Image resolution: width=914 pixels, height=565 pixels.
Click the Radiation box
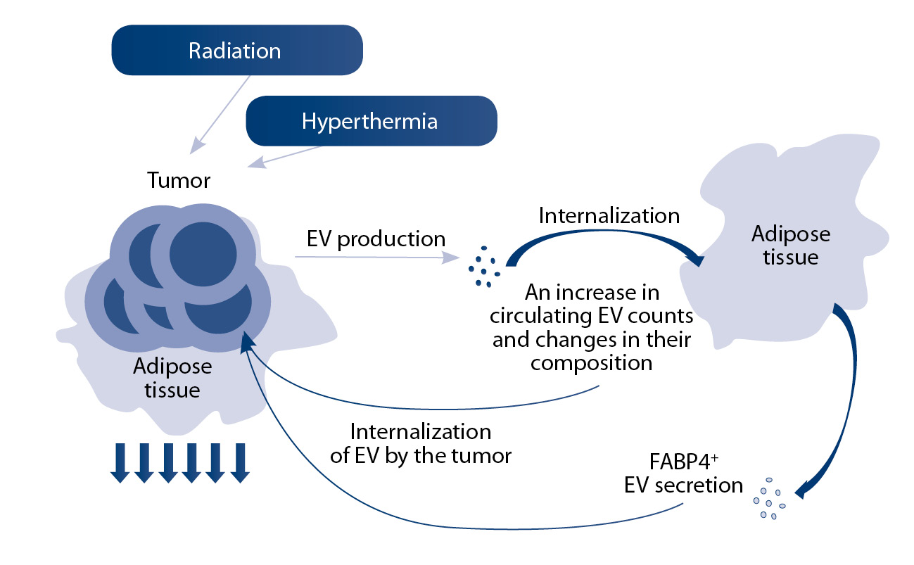click(236, 50)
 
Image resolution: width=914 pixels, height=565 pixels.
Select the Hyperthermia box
click(371, 121)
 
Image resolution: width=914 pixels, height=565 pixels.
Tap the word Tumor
click(179, 180)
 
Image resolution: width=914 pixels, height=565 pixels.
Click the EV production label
click(376, 239)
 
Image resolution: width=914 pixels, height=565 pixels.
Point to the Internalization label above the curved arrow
click(609, 215)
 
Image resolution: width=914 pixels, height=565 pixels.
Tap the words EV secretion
click(683, 485)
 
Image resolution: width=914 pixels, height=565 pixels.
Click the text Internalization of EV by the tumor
click(420, 443)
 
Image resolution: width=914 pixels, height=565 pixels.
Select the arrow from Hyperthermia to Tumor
click(285, 156)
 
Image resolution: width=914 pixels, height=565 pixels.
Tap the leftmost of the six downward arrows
click(120, 463)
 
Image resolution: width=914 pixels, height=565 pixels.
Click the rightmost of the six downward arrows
click(240, 463)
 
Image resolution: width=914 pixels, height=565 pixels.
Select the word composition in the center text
click(592, 363)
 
